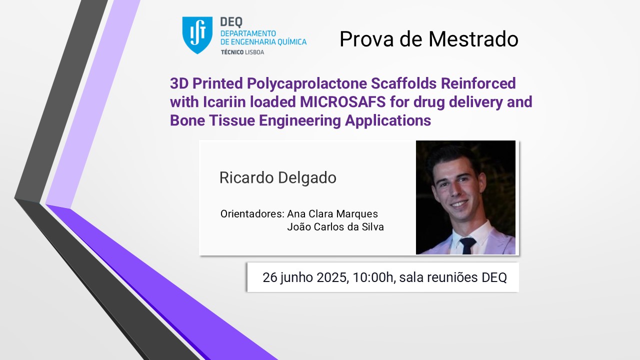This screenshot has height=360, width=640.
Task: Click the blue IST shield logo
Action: coord(197,35)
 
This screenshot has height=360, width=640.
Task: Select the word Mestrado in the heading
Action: coord(473,39)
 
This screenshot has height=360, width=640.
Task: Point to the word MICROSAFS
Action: coord(343,102)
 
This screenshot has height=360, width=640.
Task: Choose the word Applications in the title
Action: coord(387,121)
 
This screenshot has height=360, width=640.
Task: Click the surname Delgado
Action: coord(307,177)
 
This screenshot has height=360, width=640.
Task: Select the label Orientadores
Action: coord(252,213)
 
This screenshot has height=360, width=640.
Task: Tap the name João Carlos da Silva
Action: coord(335,227)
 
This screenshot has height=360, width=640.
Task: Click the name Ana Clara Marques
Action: coord(332,213)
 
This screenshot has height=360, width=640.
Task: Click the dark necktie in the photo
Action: coord(467,245)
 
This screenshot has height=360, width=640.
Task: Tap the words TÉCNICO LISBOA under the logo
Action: coord(242,52)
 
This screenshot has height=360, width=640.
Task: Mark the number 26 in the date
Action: coord(269,277)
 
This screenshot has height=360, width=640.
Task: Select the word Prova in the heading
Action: coord(367,39)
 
